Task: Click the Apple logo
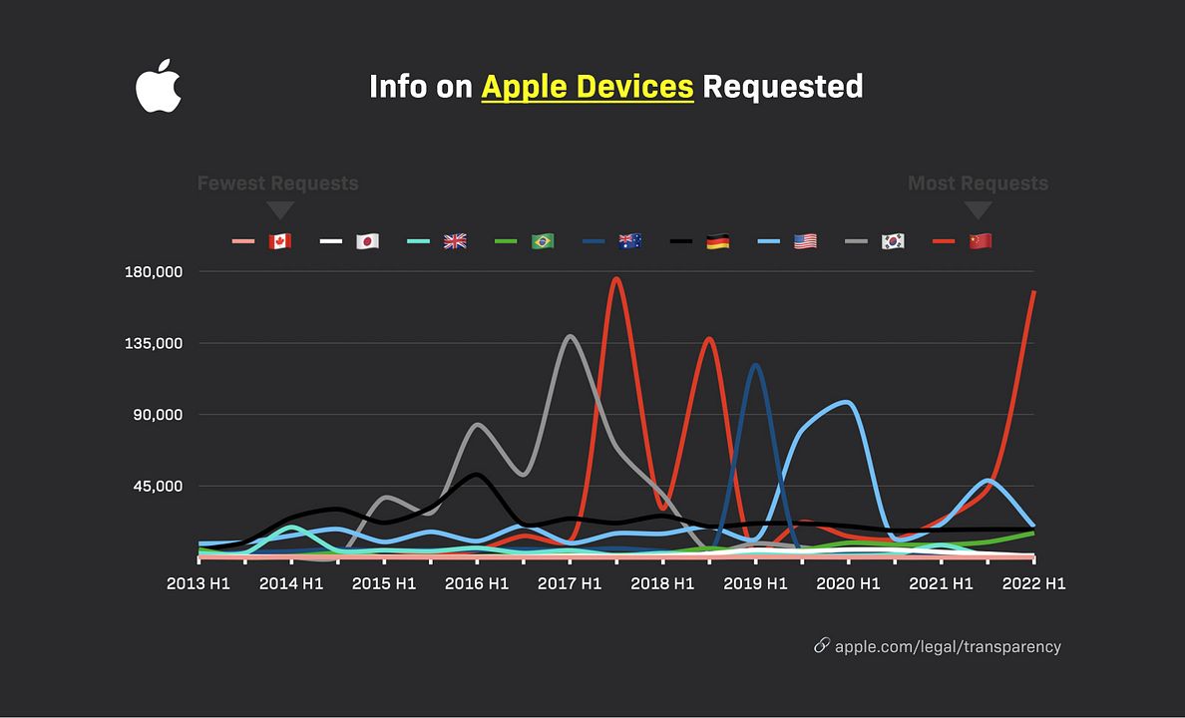158,87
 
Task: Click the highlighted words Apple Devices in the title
587,87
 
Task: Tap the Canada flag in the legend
279,241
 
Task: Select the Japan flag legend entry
367,241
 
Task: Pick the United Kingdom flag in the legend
455,241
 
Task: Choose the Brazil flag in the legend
543,241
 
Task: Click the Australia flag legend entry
629,241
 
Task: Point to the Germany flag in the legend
717,241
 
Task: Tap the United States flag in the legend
805,241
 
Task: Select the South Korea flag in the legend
893,241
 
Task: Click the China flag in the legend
981,241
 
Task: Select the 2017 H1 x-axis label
570,583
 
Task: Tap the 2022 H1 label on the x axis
1033,583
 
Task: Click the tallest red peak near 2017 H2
616,279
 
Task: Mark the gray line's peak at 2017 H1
570,337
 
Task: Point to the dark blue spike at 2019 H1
755,365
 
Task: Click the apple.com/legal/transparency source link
947,646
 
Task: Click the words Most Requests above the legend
978,183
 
